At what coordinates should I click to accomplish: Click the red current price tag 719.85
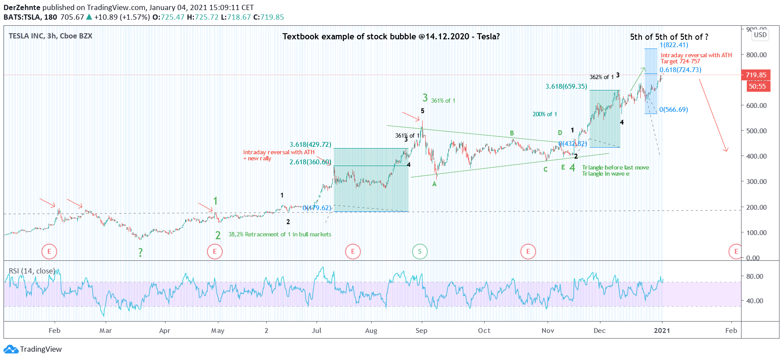click(755, 75)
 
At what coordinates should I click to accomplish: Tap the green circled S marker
click(420, 251)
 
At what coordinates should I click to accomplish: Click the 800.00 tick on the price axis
click(756, 55)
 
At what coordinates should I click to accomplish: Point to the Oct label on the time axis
click(484, 330)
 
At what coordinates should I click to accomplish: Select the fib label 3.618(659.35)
click(566, 87)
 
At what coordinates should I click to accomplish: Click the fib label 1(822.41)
click(674, 45)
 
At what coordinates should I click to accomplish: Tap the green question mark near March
click(140, 253)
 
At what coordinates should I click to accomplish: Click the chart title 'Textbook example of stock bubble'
click(391, 36)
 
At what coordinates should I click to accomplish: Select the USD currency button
click(760, 35)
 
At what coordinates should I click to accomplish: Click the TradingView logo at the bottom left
click(33, 349)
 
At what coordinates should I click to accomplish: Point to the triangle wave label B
click(512, 133)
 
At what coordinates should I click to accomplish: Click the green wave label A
click(435, 184)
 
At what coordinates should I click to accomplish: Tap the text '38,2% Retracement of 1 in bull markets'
click(279, 235)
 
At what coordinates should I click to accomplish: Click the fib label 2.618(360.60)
click(310, 162)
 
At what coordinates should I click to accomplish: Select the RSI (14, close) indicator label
click(32, 271)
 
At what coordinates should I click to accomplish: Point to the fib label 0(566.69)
click(673, 110)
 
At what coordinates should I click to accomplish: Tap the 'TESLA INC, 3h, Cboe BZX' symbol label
click(51, 36)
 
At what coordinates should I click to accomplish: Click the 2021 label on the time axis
click(662, 330)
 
